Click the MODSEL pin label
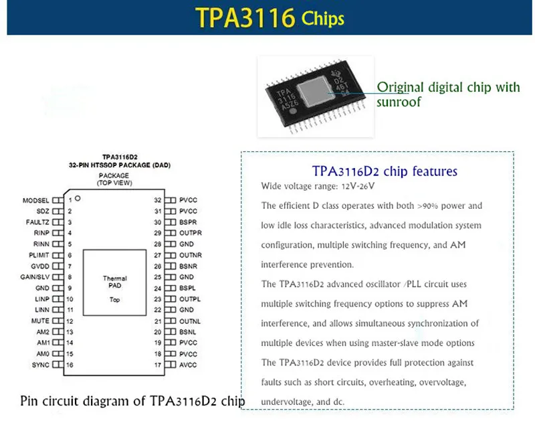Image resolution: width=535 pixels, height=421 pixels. tap(35, 200)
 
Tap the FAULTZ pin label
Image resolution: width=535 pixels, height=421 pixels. tap(37, 222)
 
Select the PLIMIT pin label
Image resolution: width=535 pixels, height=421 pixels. tap(38, 255)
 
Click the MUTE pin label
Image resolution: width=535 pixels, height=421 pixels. tap(41, 321)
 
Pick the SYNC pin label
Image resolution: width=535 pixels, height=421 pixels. tap(41, 365)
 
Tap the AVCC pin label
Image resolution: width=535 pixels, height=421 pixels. tap(189, 365)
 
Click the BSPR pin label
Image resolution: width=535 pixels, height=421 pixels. tap(189, 222)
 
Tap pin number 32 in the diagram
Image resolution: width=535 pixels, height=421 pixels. tap(158, 200)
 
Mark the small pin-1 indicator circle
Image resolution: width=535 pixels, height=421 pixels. tap(78, 198)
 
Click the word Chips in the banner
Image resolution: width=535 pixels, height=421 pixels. tap(322, 17)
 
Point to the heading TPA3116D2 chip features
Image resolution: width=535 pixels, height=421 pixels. tap(385, 171)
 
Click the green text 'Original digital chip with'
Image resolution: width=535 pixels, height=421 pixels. tap(449, 87)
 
